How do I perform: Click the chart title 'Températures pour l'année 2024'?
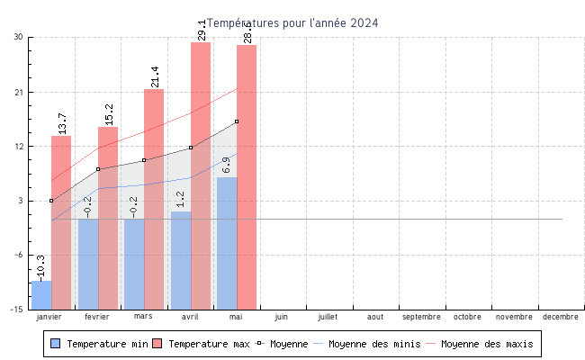(292, 23)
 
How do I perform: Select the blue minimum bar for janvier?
(41, 295)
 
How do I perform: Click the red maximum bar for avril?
(201, 175)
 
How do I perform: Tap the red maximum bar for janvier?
(61, 222)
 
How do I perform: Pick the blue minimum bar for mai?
(227, 243)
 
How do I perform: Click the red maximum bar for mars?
(154, 199)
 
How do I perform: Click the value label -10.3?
(40, 267)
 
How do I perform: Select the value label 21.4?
(155, 76)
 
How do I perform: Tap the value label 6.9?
(226, 166)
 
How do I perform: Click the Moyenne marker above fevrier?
(98, 169)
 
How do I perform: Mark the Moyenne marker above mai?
(237, 121)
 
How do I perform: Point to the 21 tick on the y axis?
(18, 92)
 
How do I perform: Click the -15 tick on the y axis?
(16, 310)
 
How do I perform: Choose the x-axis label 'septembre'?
(421, 317)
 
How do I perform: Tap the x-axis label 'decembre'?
(561, 317)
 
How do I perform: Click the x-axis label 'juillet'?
(328, 317)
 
